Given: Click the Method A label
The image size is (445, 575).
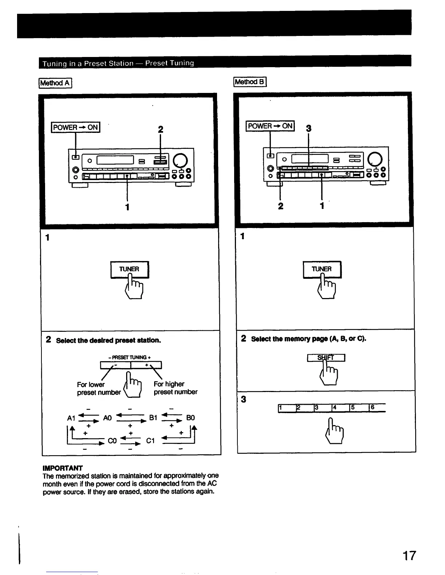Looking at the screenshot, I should pos(56,83).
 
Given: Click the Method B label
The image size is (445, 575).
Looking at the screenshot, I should pos(250,82).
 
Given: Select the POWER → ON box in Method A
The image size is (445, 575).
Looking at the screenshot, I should pos(76,127).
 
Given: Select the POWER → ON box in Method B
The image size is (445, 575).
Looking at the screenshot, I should pos(270,126).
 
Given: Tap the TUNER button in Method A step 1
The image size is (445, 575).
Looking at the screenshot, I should pos(129,269).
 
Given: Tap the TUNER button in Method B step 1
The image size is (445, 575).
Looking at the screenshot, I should pos(322,269).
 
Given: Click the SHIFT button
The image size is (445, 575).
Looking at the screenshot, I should pos(326,358).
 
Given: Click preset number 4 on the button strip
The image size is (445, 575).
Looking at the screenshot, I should pos(340,408).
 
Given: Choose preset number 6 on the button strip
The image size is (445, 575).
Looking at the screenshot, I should pos(377,408).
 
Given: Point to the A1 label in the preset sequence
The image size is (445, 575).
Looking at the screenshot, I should pos(71,418).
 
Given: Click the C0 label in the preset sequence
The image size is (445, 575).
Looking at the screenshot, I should pos(112,441).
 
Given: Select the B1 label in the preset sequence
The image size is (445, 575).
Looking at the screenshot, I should pos(153,418).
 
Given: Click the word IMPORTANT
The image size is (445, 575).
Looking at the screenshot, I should pos(63,468).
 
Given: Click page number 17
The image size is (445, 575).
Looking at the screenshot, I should pos(409,556).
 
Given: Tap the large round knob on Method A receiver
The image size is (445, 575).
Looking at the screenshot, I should pos(181,160).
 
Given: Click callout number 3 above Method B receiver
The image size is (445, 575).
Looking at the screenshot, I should pos(309,128).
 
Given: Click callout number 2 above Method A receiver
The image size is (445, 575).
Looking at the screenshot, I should pos(160,130).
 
